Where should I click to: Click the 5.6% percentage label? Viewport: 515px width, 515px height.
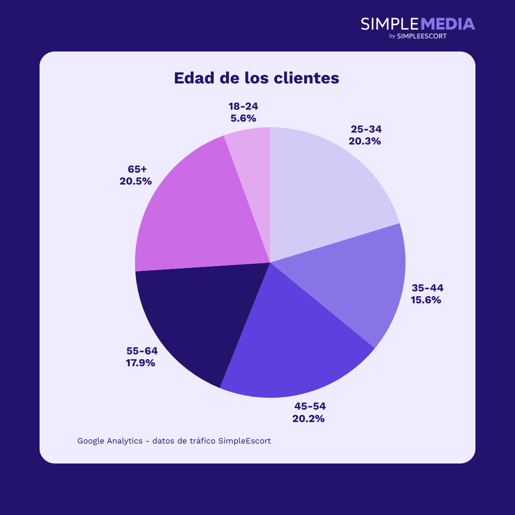point(243,118)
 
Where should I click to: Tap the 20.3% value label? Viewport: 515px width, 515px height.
point(365,141)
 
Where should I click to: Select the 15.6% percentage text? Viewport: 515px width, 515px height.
point(426,300)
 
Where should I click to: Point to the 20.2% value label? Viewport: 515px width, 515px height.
point(309,419)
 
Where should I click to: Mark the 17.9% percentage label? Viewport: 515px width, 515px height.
point(140,363)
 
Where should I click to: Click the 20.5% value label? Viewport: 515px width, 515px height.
point(135,181)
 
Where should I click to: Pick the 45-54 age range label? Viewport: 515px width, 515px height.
point(310,406)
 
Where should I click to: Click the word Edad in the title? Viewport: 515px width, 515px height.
point(194,78)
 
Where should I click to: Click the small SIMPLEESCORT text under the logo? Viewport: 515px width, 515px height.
point(422,36)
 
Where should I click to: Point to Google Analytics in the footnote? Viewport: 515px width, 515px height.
point(110,441)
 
